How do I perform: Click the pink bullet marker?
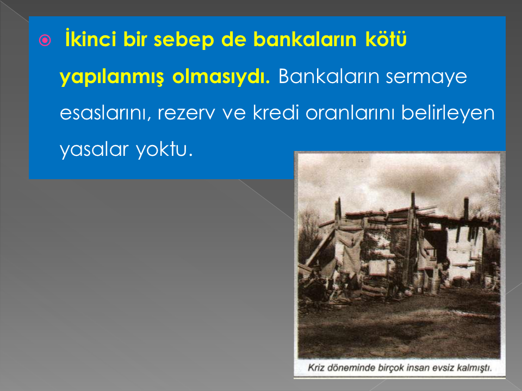click(x=45, y=40)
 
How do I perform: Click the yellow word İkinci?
click(x=91, y=39)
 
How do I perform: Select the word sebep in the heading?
click(x=184, y=40)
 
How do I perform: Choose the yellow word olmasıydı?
click(x=221, y=77)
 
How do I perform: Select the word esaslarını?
click(x=103, y=113)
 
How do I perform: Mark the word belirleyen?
click(x=448, y=113)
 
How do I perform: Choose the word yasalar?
click(x=94, y=150)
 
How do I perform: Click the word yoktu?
click(x=164, y=150)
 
